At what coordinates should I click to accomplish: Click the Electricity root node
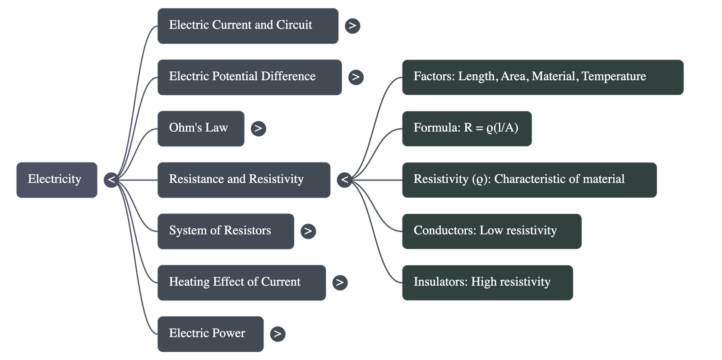click(57, 180)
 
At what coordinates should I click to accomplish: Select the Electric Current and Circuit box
click(248, 26)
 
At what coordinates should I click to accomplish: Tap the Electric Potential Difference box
click(249, 77)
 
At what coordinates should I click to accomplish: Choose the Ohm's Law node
click(201, 128)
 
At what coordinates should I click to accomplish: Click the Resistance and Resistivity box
click(244, 180)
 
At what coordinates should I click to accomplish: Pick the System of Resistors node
click(226, 231)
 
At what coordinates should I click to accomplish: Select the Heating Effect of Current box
click(241, 282)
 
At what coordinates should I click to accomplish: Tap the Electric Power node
click(210, 334)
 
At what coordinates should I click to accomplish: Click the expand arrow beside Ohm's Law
click(258, 129)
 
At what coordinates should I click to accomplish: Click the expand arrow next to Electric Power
click(278, 334)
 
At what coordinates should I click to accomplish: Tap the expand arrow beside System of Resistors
click(308, 231)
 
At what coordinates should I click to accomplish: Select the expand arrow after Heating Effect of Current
click(340, 283)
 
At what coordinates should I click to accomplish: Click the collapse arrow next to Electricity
click(111, 180)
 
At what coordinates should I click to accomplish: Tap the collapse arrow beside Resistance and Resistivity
click(345, 180)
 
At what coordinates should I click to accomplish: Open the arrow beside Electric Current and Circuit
click(352, 26)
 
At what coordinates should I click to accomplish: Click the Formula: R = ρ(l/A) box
click(467, 128)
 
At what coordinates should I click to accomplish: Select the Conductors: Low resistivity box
click(491, 231)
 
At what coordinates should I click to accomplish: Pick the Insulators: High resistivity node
click(487, 282)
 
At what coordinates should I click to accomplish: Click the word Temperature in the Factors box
click(614, 76)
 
